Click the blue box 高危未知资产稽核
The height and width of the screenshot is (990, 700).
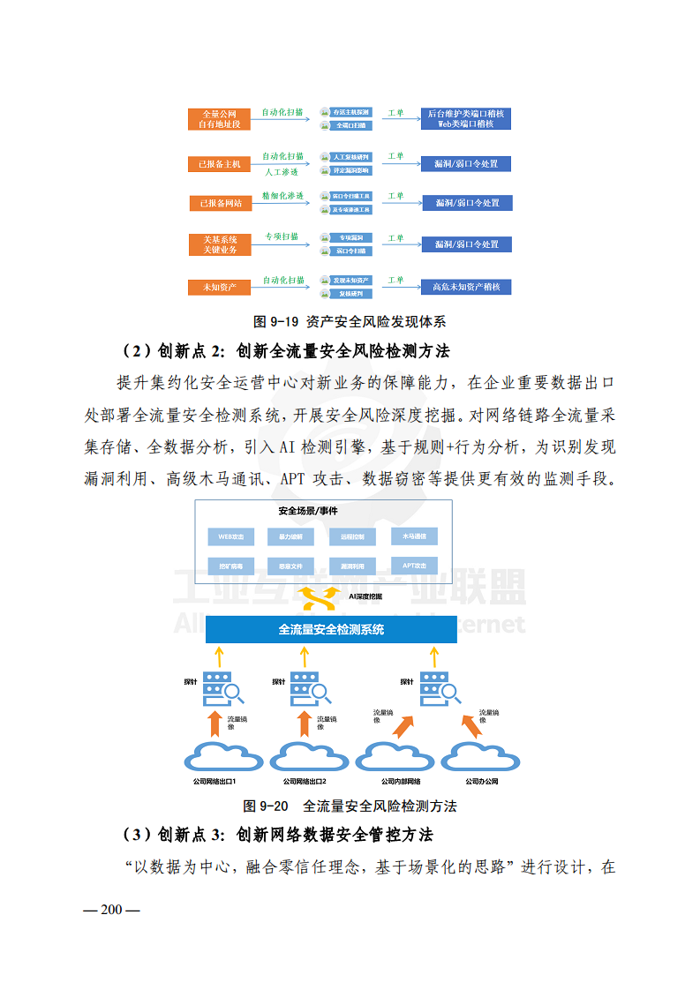click(x=466, y=287)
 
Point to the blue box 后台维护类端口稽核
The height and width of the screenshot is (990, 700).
click(x=466, y=119)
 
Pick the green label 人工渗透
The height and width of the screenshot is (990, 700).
click(x=282, y=172)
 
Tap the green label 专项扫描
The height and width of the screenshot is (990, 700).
click(x=282, y=237)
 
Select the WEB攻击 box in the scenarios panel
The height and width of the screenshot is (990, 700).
click(x=230, y=536)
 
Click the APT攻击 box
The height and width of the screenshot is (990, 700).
click(x=414, y=565)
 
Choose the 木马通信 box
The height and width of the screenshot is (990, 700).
click(x=414, y=536)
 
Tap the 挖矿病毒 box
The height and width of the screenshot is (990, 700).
click(x=230, y=565)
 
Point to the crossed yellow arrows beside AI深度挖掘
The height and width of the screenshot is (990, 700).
click(x=320, y=599)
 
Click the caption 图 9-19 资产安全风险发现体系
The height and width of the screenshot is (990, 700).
click(x=349, y=321)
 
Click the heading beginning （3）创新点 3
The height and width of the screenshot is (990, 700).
click(x=277, y=835)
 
